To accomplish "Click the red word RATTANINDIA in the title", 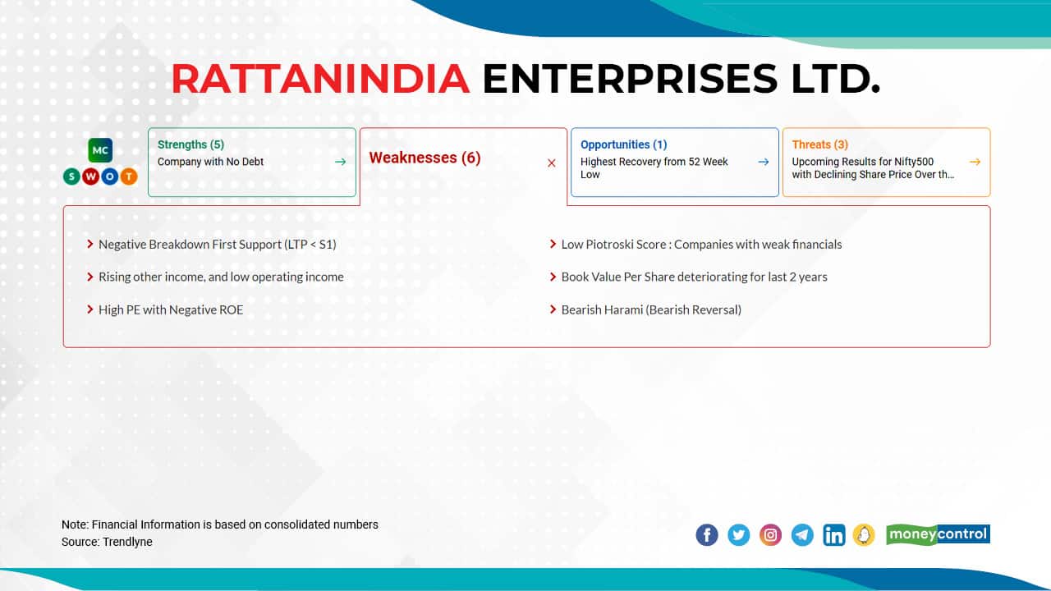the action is tap(320, 79).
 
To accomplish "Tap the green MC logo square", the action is tap(100, 150).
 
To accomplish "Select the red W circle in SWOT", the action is tap(90, 176).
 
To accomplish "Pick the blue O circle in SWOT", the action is tap(110, 176).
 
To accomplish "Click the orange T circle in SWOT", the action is tap(129, 176).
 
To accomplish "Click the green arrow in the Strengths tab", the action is tap(340, 162).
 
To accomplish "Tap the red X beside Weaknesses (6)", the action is tap(551, 163).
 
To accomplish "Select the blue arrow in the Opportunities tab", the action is tap(764, 162).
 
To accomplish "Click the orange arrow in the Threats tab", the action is tap(975, 162).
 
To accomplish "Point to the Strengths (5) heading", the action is tap(191, 144).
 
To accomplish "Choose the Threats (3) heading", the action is tap(820, 144).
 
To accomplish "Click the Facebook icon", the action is tap(707, 534).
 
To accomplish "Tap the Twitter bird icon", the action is tap(738, 534).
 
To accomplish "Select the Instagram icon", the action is tap(770, 534).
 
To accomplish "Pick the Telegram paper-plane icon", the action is tap(802, 534).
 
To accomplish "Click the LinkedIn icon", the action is tap(834, 534).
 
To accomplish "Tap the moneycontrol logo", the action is tap(938, 534).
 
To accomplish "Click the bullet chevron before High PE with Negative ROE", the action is tap(90, 309).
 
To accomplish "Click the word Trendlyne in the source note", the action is tap(127, 542).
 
